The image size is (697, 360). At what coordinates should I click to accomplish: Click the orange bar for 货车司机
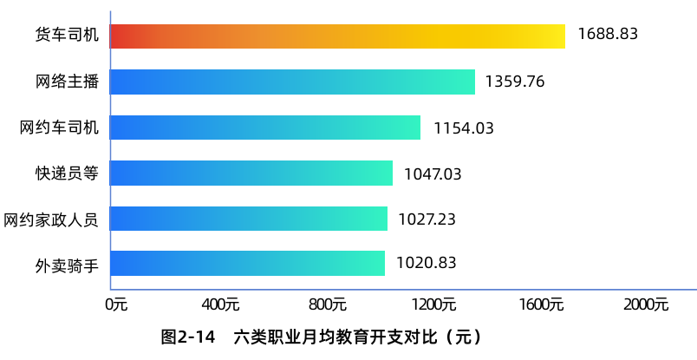(337, 36)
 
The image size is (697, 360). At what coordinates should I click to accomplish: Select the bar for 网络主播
(292, 82)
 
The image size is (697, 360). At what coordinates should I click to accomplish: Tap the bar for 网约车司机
(265, 128)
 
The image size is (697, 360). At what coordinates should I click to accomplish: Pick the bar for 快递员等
(251, 173)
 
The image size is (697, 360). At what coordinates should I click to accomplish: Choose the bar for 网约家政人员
(249, 219)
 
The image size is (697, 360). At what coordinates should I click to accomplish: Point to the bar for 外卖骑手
(247, 263)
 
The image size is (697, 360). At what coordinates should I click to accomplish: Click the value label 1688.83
(608, 35)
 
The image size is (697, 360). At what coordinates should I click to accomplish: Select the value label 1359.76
(515, 82)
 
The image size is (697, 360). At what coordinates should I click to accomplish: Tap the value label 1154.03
(464, 128)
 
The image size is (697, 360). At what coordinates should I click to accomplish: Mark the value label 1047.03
(433, 173)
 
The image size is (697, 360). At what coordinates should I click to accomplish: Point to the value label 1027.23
(427, 219)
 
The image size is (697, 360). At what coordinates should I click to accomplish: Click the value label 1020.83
(426, 263)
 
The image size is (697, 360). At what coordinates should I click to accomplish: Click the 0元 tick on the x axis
(116, 304)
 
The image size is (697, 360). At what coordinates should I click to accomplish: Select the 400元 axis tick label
(220, 304)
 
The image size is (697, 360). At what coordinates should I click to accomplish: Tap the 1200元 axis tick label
(434, 304)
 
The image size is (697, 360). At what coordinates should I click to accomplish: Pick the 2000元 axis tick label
(647, 304)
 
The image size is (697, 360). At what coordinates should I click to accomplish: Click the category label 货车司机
(67, 36)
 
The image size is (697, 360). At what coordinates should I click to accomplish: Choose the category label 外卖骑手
(67, 264)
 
